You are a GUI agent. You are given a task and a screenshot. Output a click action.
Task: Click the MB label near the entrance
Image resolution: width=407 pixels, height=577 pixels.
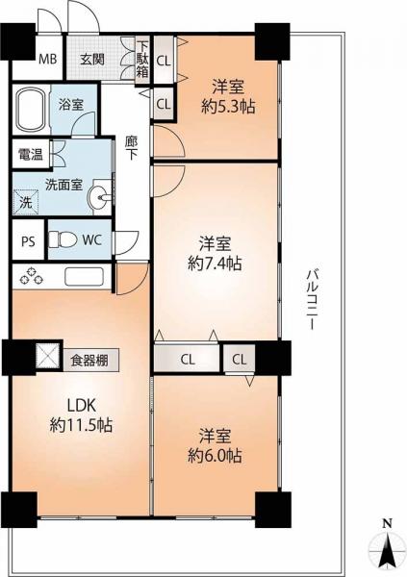pyautogui.click(x=46, y=59)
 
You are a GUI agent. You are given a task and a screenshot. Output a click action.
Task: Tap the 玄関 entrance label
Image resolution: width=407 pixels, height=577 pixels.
pyautogui.click(x=91, y=59)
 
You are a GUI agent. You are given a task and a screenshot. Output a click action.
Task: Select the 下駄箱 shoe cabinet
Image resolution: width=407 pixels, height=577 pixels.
pyautogui.click(x=142, y=59)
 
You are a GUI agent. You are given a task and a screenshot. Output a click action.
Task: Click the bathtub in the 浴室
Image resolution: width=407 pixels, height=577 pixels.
pyautogui.click(x=35, y=108)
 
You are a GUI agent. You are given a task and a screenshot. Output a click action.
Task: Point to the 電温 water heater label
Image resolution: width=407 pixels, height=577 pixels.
pyautogui.click(x=28, y=154)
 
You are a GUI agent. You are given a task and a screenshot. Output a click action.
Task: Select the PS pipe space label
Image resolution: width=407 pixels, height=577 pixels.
pyautogui.click(x=27, y=240)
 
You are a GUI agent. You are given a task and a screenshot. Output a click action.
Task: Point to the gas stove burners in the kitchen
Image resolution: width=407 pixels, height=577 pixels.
pyautogui.click(x=29, y=276)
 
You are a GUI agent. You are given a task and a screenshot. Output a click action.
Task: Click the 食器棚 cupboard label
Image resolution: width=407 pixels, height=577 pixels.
pyautogui.click(x=94, y=361)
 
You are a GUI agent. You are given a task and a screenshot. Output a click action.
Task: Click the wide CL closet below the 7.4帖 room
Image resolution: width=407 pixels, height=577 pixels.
pyautogui.click(x=188, y=360)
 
